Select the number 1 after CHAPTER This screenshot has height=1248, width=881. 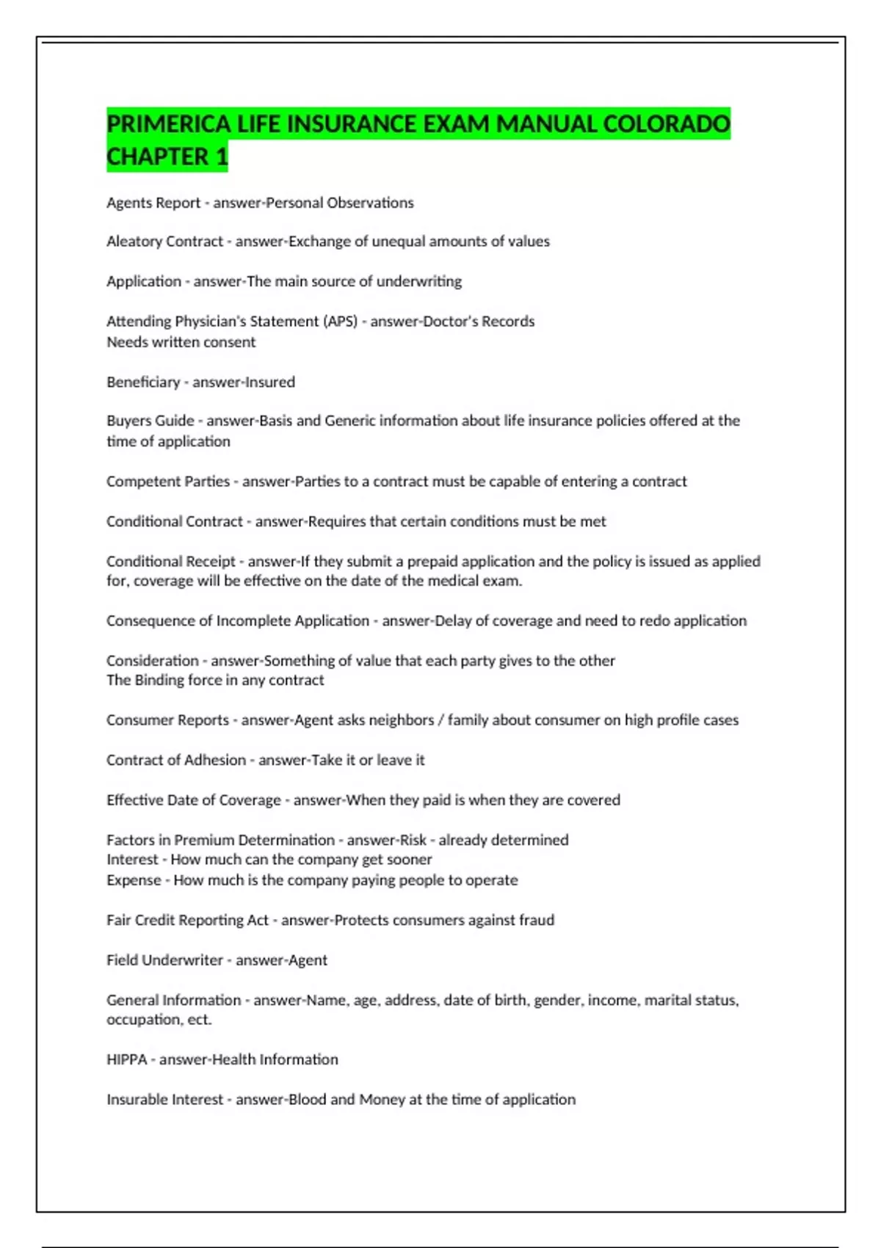tap(222, 156)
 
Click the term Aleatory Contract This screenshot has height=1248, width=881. tap(164, 242)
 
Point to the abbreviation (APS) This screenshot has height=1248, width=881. tap(340, 322)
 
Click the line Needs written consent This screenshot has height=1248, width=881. tap(181, 342)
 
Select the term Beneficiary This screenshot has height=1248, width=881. tap(143, 382)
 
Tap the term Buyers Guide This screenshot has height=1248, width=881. tap(151, 421)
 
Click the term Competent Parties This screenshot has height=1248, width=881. tap(168, 482)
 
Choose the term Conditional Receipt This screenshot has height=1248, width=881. tap(171, 562)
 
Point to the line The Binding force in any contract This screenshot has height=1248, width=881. tap(215, 681)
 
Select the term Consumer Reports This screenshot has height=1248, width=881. tap(167, 720)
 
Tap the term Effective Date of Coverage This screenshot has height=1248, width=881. tap(194, 800)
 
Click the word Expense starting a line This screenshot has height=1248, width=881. tap(134, 880)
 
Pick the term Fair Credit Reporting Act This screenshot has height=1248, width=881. tap(187, 920)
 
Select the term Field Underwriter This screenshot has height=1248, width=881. tap(164, 960)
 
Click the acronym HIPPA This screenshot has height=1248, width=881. tap(127, 1059)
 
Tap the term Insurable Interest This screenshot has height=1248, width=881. tap(164, 1100)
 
